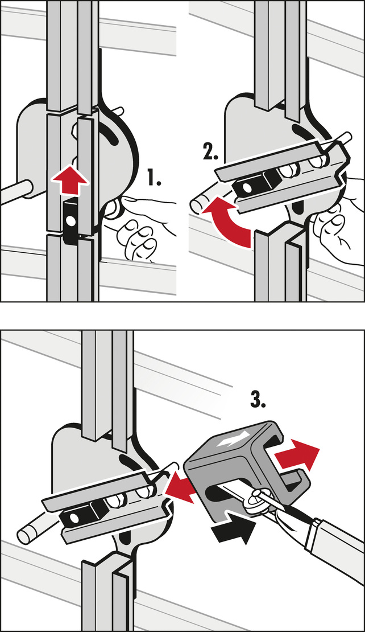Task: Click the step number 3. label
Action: (258, 398)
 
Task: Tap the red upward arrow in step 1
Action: (69, 180)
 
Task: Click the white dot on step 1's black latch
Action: (71, 221)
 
